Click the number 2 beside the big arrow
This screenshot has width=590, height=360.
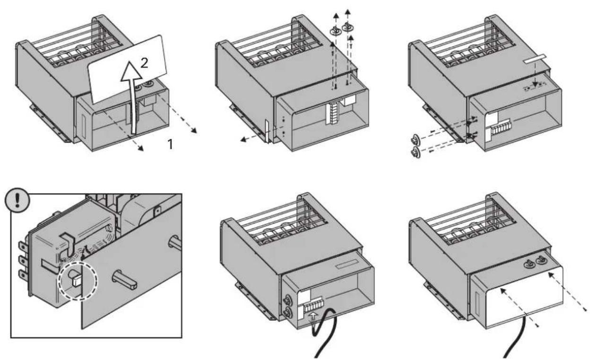pos(144,63)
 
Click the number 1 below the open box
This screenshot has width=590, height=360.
pos(170,144)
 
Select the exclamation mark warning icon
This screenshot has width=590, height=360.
pos(17,200)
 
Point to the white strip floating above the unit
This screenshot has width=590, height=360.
pos(535,59)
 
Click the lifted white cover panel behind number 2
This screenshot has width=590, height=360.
pos(128,69)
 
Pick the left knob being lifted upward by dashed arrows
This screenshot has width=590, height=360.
pos(335,31)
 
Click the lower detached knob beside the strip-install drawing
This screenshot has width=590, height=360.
pos(416,152)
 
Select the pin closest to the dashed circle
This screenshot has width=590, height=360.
pos(125,280)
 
